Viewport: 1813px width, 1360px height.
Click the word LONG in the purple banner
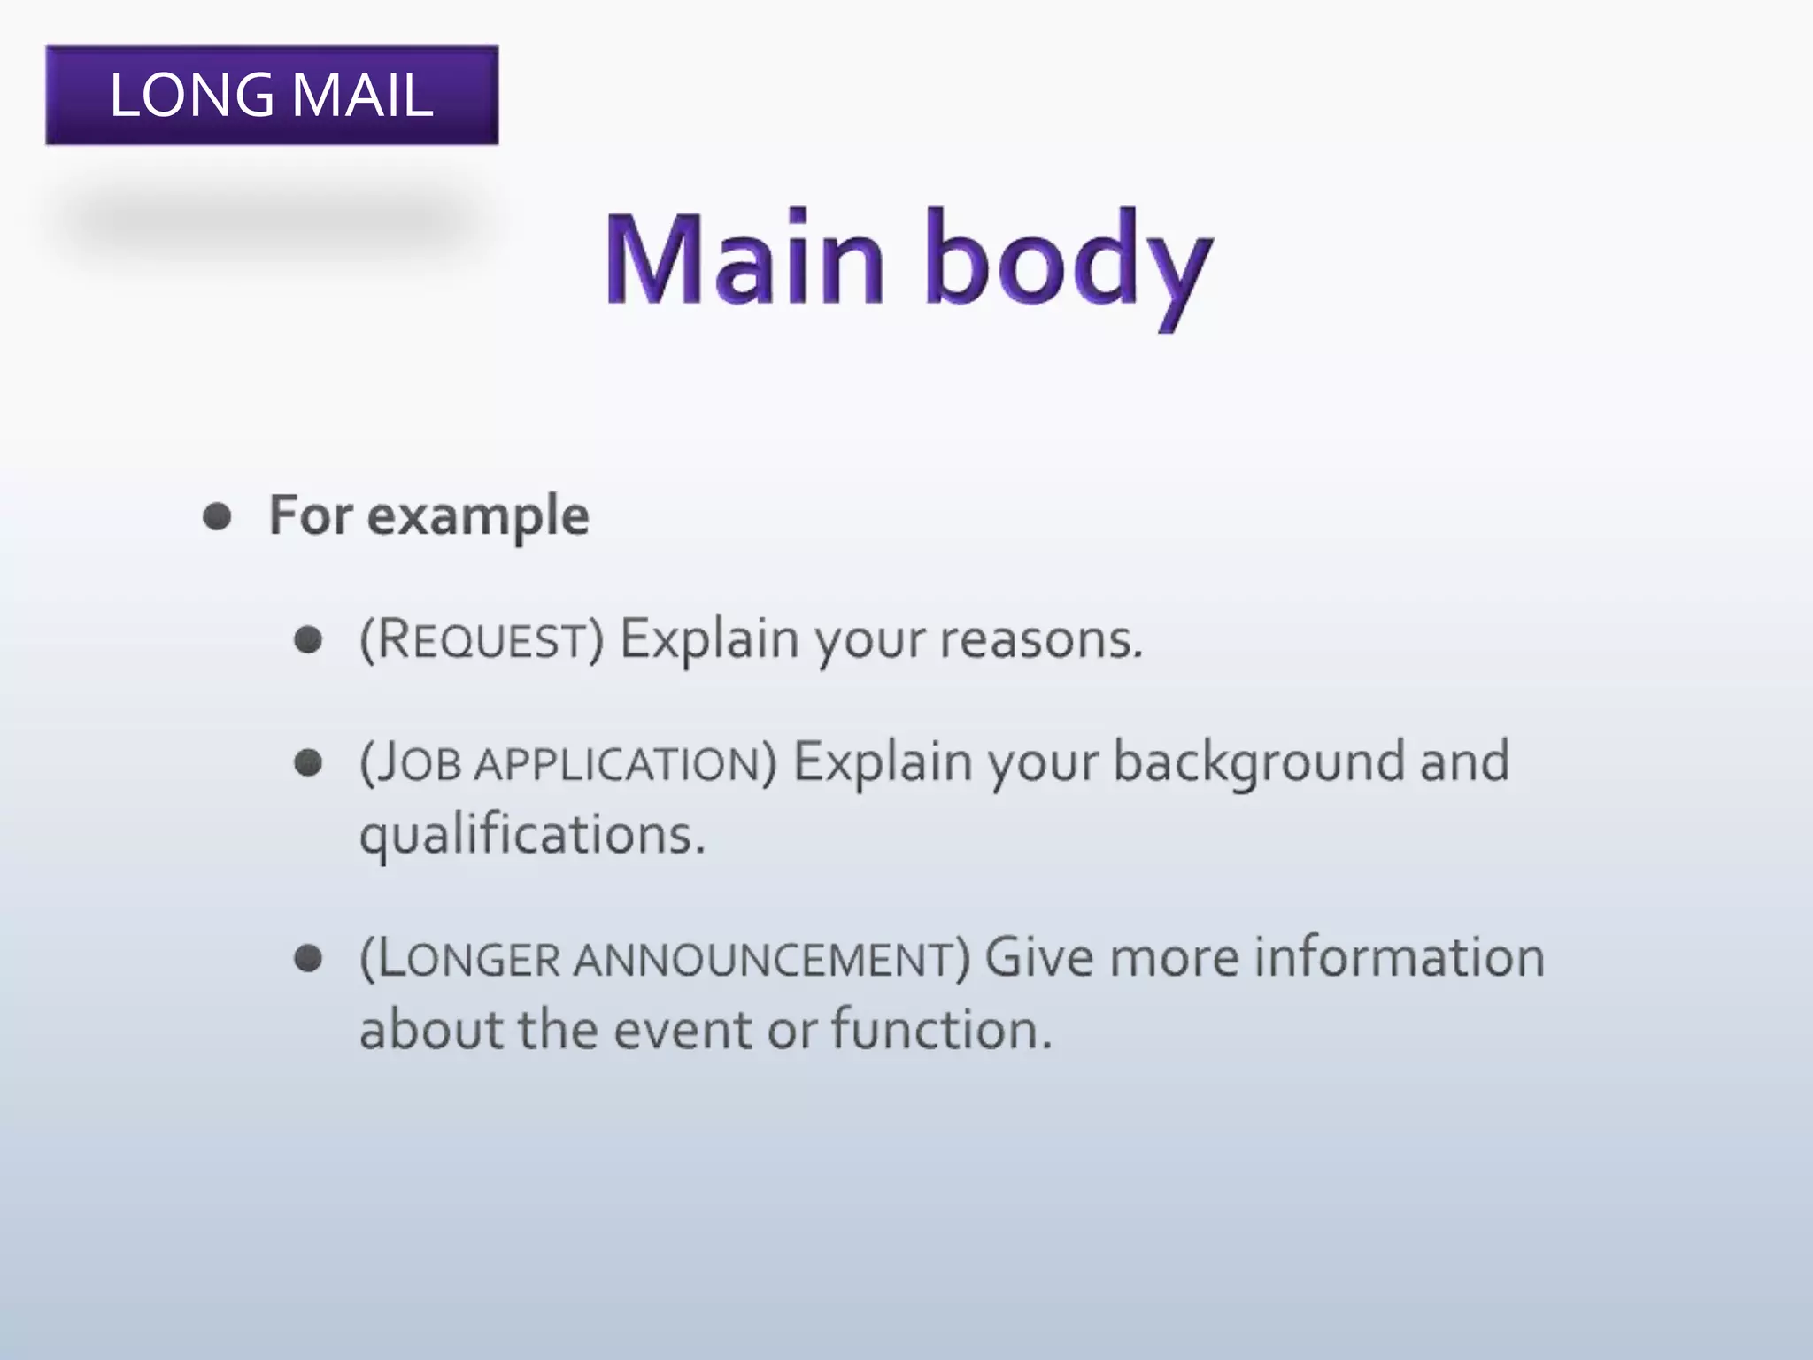[x=191, y=95]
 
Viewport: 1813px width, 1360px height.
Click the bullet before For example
[x=218, y=516]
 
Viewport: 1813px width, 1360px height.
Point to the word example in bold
[x=477, y=516]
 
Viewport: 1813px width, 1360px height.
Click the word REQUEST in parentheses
[x=482, y=639]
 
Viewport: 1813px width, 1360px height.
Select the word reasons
[x=1041, y=639]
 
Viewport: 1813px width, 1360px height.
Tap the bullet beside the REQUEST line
[x=308, y=639]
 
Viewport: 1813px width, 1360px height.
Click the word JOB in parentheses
[x=416, y=763]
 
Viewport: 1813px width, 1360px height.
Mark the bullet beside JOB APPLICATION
[x=308, y=762]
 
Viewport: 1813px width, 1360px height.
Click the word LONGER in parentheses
[x=469, y=959]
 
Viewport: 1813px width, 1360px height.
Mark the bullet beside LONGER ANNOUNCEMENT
[x=308, y=958]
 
